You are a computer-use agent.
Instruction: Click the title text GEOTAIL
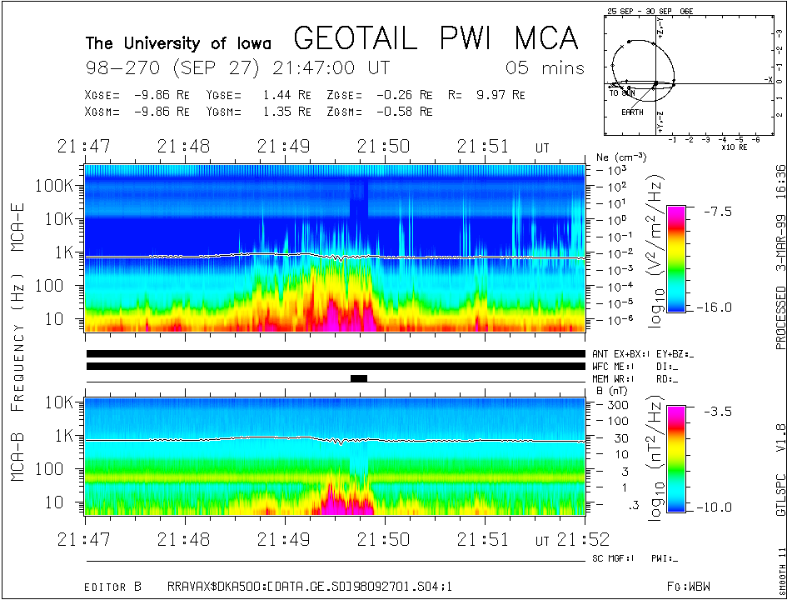point(361,38)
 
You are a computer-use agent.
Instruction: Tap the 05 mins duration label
point(545,68)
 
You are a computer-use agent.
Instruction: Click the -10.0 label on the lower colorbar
point(717,507)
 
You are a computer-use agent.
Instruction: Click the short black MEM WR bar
point(359,378)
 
